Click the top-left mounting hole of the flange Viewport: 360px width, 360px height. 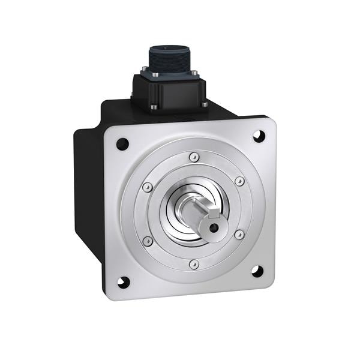coord(122,144)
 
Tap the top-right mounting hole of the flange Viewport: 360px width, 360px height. coord(259,135)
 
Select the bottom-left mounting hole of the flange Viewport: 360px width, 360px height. coord(124,281)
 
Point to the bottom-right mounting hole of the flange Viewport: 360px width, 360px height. coord(257,271)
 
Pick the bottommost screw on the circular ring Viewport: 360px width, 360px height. coord(193,263)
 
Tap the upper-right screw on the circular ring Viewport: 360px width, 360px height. coord(239,181)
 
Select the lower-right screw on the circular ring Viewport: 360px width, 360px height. coord(239,235)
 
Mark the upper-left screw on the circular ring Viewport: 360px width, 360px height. coord(148,188)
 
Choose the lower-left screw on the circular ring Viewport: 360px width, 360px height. coord(148,241)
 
